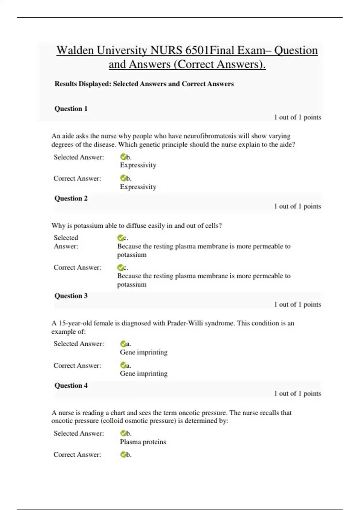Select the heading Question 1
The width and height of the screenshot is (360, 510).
[x=71, y=109]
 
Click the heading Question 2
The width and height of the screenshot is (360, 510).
[x=71, y=198]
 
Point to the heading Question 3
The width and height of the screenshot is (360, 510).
[x=71, y=296]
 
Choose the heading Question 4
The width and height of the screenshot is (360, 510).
[x=71, y=385]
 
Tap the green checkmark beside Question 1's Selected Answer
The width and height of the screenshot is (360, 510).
[x=123, y=157]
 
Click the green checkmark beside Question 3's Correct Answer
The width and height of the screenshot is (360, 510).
[x=123, y=365]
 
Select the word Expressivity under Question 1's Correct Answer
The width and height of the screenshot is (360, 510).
[x=138, y=187]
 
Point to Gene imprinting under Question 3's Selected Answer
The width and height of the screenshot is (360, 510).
[x=143, y=352]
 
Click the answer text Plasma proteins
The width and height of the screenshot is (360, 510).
[x=143, y=442]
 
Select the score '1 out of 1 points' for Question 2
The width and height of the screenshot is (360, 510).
[x=297, y=206]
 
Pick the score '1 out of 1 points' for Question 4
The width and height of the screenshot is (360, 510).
[x=297, y=394]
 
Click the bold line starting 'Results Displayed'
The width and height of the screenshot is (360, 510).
[x=144, y=84]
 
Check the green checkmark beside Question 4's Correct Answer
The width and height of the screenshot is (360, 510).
[x=123, y=454]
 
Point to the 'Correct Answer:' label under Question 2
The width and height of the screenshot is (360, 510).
[x=77, y=268]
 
